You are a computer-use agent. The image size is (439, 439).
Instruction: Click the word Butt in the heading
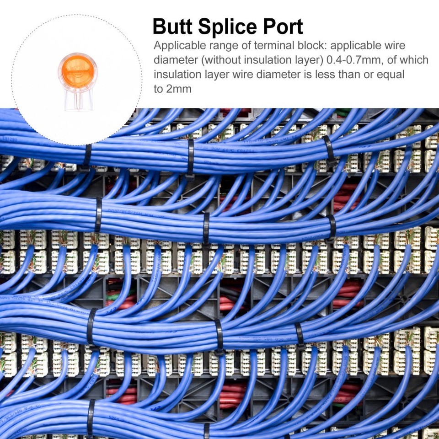coord(172,27)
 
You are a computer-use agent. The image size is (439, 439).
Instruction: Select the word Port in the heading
coord(283,27)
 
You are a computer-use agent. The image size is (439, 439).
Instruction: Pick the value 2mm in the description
coord(179,89)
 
